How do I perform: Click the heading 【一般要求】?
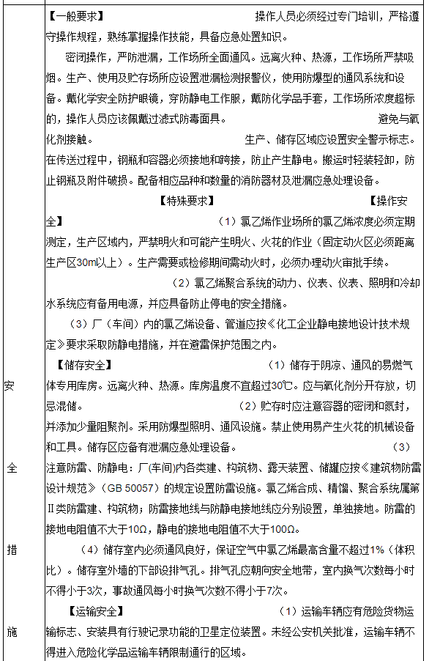click(75, 16)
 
